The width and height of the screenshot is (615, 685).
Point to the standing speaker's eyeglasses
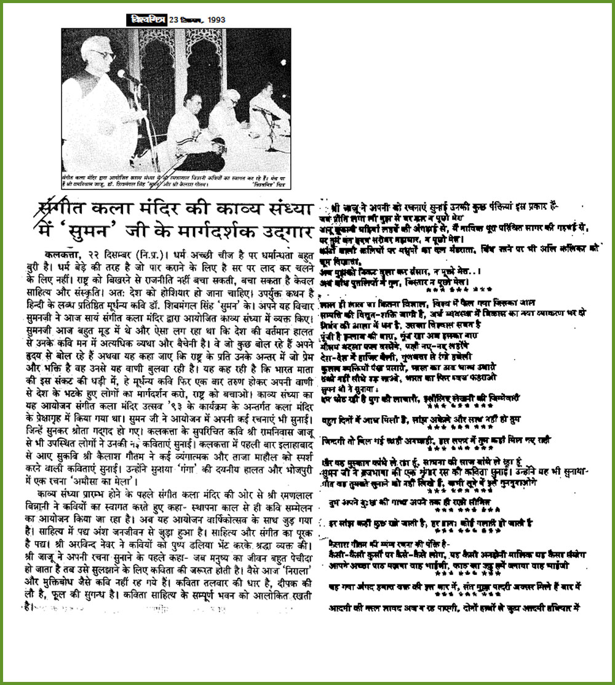(x=103, y=53)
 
